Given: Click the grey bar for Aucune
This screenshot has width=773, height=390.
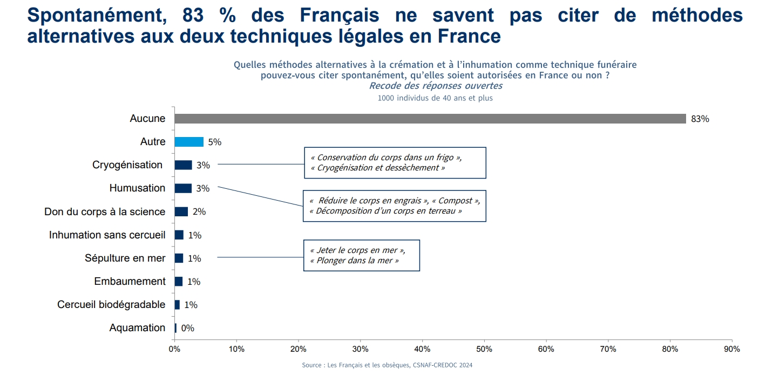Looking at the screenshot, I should [430, 119].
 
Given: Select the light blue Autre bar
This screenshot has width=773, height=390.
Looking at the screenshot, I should [189, 142].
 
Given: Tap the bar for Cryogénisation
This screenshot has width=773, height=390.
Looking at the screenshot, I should [183, 165].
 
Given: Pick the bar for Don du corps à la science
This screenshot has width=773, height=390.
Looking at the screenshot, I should [181, 211].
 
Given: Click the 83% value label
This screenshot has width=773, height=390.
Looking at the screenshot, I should [700, 119].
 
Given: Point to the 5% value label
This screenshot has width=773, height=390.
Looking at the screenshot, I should [214, 142].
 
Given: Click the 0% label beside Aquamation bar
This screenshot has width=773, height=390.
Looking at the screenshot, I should [187, 328].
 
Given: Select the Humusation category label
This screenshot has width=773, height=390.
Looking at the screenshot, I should [137, 188].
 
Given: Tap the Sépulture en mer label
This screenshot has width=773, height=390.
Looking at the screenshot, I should [125, 258].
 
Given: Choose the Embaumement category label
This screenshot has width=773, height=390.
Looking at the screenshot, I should [130, 282].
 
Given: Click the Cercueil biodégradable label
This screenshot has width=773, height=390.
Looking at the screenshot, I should [111, 305].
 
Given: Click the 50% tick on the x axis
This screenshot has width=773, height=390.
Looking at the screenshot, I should [484, 349].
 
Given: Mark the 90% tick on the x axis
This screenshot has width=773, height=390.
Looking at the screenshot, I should [732, 349].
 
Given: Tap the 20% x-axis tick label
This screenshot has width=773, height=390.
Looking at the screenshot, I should [299, 349].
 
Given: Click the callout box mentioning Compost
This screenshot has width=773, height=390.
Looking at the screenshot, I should [394, 206].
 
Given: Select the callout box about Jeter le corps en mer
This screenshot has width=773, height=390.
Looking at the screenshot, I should [361, 255].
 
